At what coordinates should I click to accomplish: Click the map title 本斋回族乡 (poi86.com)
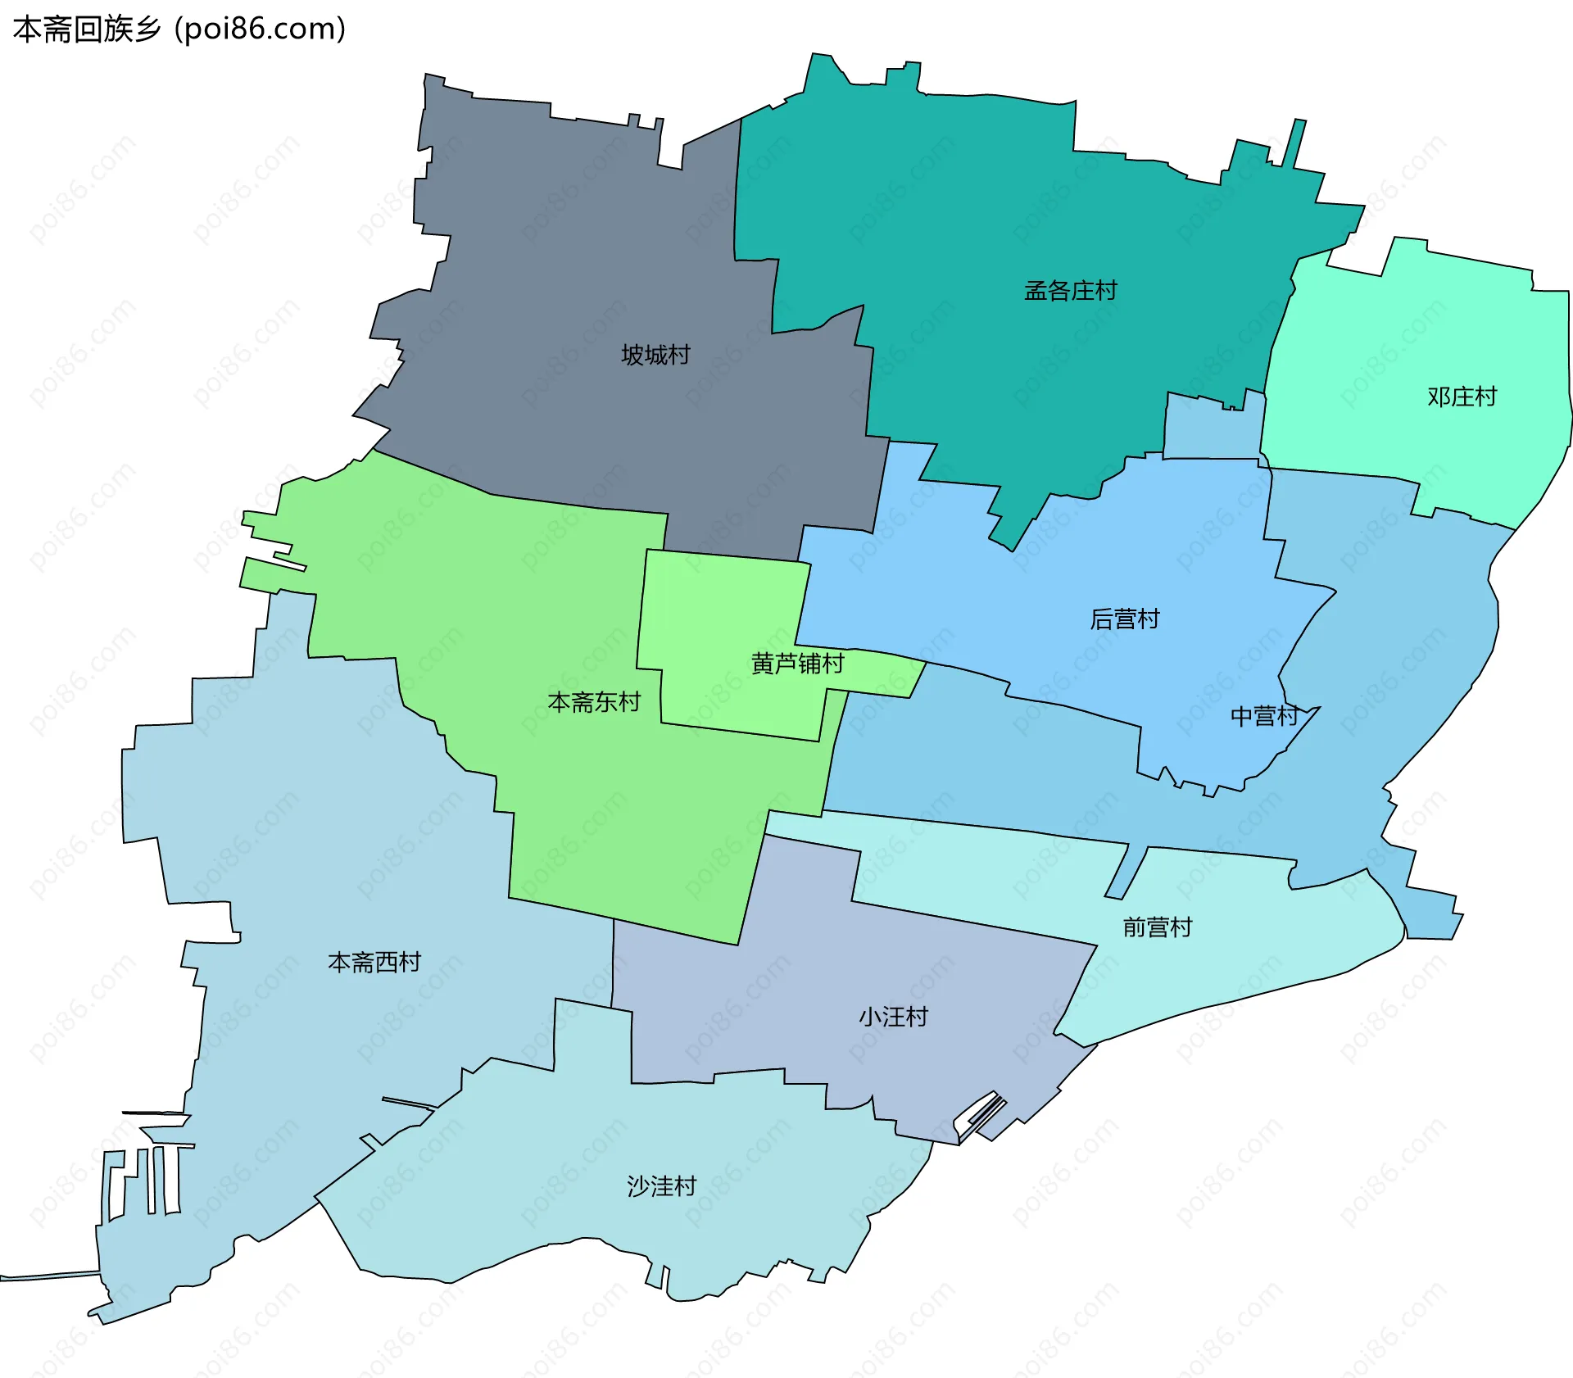179,29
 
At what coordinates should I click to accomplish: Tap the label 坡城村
655,355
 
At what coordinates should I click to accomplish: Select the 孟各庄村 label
1070,291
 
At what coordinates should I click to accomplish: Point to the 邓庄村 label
1462,397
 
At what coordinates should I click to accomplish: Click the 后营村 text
1124,619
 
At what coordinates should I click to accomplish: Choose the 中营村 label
1264,717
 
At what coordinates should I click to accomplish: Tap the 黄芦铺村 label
797,663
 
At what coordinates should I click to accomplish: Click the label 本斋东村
594,702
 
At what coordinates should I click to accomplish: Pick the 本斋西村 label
374,962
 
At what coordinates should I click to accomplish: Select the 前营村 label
1157,927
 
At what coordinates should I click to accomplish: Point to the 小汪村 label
893,1018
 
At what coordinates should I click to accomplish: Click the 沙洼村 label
661,1186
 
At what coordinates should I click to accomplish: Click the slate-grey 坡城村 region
573,246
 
